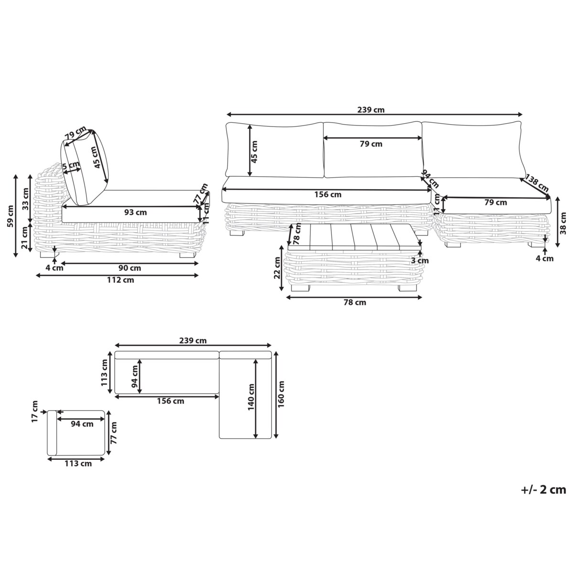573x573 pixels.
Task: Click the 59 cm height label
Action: (11, 216)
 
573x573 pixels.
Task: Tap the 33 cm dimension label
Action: (26, 199)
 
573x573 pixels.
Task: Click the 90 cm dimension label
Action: (130, 268)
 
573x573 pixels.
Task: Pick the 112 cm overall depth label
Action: (120, 280)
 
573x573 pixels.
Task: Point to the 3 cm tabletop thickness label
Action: (420, 261)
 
